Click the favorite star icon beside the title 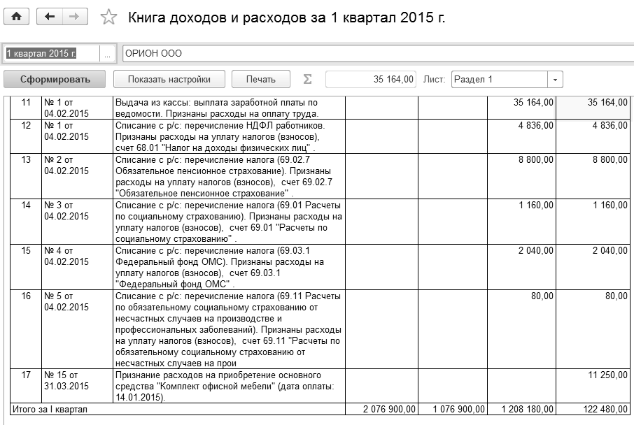[x=108, y=17]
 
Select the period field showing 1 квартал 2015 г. [x=50, y=54]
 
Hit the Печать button [x=260, y=79]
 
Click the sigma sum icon [x=307, y=79]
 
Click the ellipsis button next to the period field [x=107, y=54]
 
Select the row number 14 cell [x=27, y=206]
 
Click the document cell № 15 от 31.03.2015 [x=66, y=380]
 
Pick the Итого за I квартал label [x=49, y=408]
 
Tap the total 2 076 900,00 [x=388, y=408]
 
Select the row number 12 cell [x=27, y=126]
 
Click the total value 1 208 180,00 [x=526, y=408]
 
